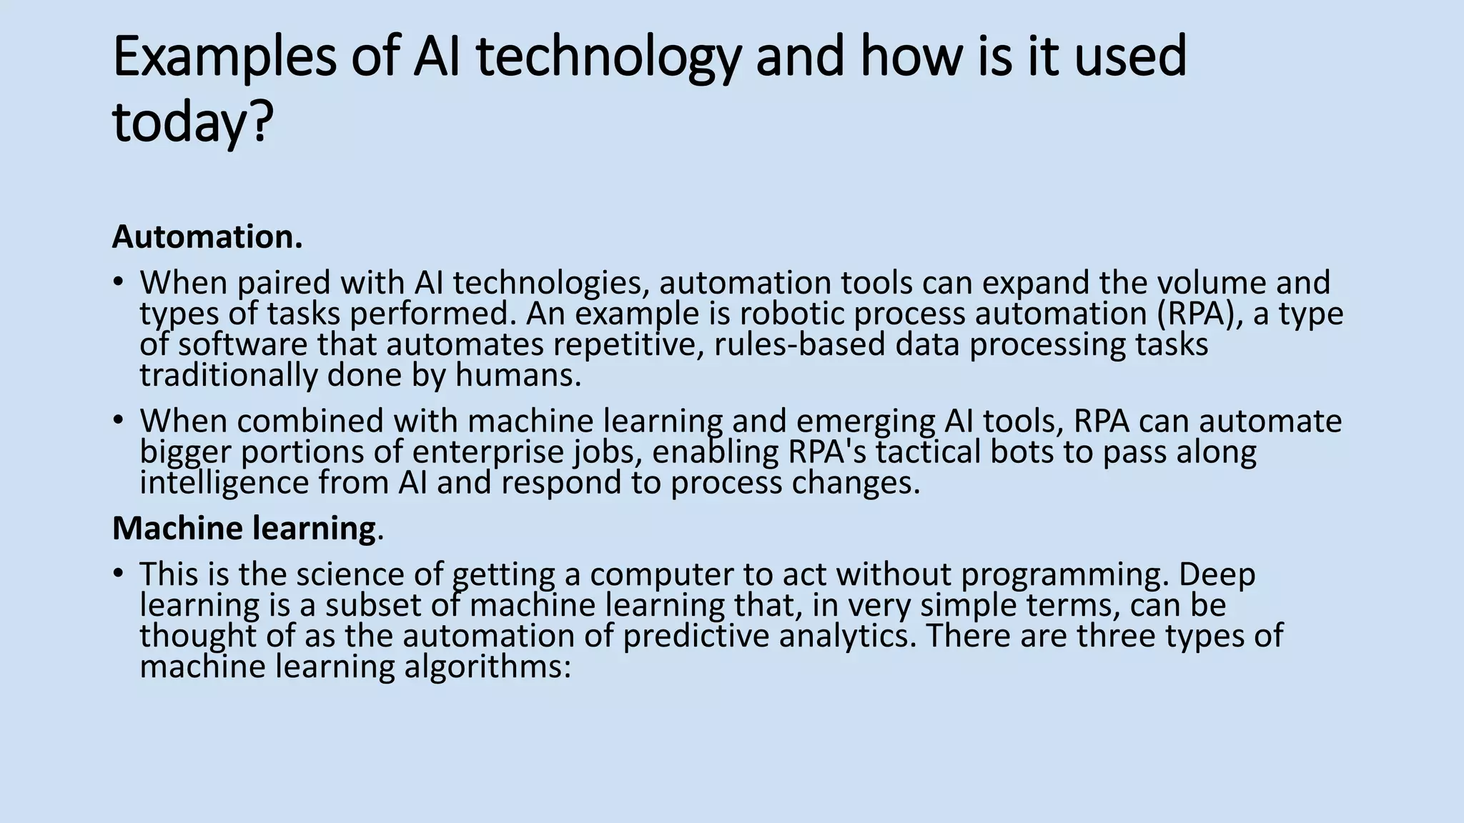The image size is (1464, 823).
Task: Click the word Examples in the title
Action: click(x=224, y=57)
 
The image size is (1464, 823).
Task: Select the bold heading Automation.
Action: click(x=207, y=237)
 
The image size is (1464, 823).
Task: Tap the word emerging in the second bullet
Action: click(x=865, y=422)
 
